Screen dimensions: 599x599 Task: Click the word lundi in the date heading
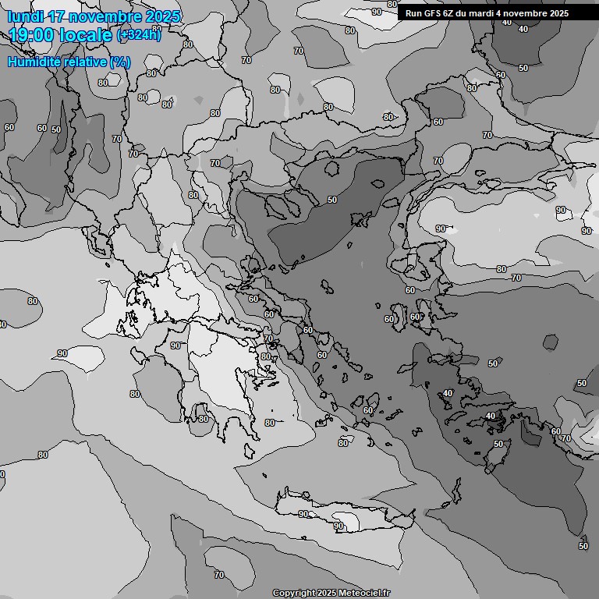[x=26, y=16]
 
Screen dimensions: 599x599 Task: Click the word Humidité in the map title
[x=33, y=62]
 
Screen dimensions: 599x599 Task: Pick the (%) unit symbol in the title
[x=120, y=62]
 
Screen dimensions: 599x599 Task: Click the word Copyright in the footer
[x=294, y=593]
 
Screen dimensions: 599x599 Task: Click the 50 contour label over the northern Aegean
[x=332, y=200]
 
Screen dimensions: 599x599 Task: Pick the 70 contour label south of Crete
[x=219, y=575]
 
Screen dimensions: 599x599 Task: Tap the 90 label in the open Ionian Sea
[x=62, y=353]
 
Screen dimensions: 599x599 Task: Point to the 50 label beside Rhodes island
[x=498, y=444]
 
